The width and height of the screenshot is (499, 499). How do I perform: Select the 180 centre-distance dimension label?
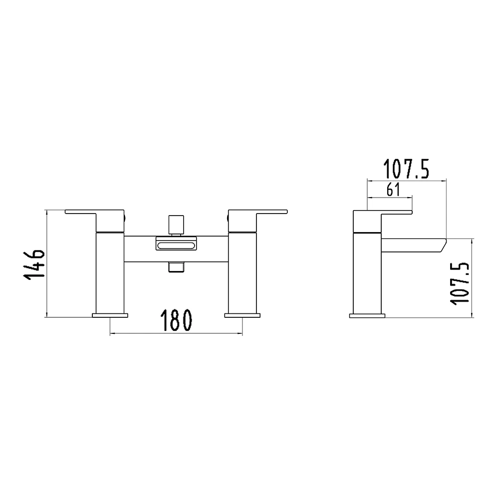point(176,320)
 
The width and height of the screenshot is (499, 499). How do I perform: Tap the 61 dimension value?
point(393,190)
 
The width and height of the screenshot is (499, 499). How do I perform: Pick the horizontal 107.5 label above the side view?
point(406,169)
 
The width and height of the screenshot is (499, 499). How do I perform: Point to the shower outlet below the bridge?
point(175,266)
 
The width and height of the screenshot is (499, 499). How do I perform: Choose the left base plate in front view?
point(110,315)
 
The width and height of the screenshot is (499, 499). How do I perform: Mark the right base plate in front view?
point(243,315)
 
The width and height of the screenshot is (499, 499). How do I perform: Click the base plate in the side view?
point(367,315)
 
